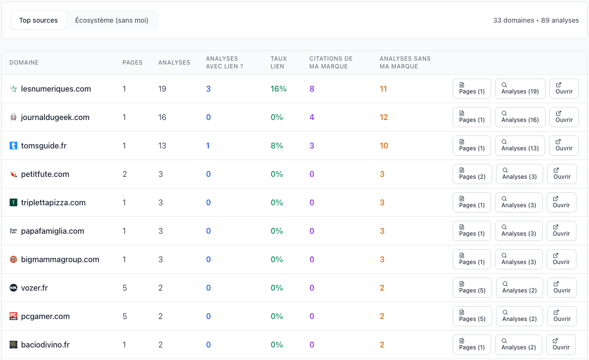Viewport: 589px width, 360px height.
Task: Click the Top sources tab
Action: click(x=39, y=20)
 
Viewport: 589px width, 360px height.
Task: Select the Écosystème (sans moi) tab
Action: click(x=112, y=20)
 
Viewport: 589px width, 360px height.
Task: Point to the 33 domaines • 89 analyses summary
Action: click(x=536, y=20)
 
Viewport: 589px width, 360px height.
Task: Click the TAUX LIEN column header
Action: click(x=279, y=62)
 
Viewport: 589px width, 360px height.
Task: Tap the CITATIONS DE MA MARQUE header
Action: click(x=331, y=62)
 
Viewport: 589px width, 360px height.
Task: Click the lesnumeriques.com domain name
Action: click(x=56, y=89)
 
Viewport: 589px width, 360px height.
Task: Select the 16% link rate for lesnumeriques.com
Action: click(x=279, y=89)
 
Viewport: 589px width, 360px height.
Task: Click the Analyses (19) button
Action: click(x=520, y=89)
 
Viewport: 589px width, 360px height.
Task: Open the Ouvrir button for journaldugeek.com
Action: click(x=564, y=117)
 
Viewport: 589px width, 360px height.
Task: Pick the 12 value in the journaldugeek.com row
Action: click(x=384, y=117)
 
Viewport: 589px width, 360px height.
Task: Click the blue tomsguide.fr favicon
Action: click(x=13, y=146)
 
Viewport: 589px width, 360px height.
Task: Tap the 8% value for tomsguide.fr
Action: click(x=277, y=146)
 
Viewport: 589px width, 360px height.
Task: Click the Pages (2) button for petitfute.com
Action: click(x=472, y=174)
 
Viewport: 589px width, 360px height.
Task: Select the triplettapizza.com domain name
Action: click(x=54, y=202)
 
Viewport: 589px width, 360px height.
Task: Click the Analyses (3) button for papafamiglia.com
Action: click(x=519, y=231)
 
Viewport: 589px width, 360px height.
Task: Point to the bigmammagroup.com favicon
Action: click(x=13, y=259)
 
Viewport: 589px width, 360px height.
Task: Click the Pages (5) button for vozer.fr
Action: click(x=472, y=287)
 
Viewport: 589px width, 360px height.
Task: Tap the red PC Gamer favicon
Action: click(x=13, y=316)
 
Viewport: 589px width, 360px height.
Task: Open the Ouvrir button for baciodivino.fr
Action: click(x=561, y=344)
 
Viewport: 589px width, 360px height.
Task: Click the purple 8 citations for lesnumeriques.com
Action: click(x=311, y=89)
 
